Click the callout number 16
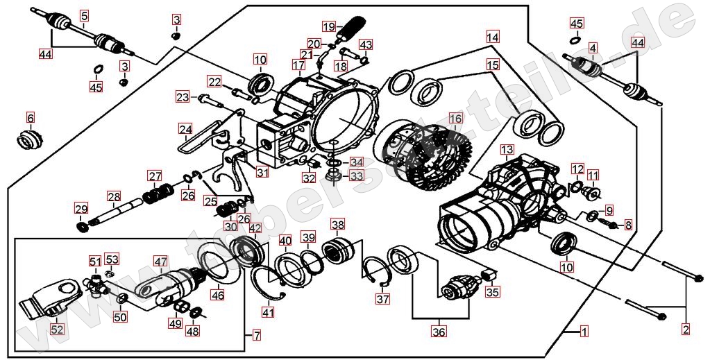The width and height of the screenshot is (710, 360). pos(455,119)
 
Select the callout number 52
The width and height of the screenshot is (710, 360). pos(57,329)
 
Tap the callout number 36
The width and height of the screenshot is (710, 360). pos(438,332)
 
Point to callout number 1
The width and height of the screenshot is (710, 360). pos(584,332)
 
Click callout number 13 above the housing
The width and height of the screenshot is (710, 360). pos(507,149)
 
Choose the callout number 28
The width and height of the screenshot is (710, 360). pos(114,196)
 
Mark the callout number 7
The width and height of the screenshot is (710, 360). pos(256,336)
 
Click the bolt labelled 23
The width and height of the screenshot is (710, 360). pos(207,98)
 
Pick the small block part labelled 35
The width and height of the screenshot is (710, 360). pos(490,275)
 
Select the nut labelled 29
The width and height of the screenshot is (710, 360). pos(83,226)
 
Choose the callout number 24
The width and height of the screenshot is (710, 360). pos(185,129)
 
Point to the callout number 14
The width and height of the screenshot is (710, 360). pos(492,37)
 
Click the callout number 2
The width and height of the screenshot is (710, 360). pos(686,329)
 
